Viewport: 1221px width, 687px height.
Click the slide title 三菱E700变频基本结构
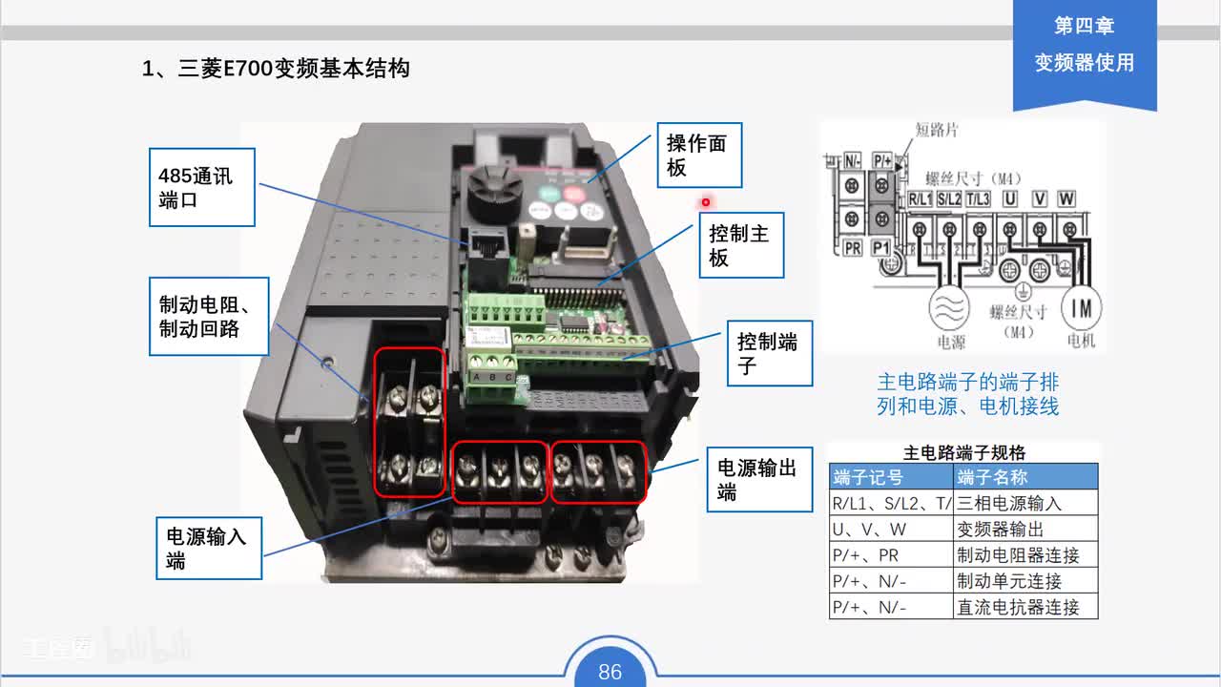pyautogui.click(x=276, y=69)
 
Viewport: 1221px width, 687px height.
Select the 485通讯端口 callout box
pyautogui.click(x=202, y=187)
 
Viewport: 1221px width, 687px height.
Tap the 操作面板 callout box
pyautogui.click(x=699, y=155)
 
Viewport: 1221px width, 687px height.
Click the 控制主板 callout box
pyautogui.click(x=741, y=245)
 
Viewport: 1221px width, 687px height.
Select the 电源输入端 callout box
pyautogui.click(x=209, y=548)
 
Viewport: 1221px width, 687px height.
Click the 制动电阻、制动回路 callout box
pyautogui.click(x=209, y=316)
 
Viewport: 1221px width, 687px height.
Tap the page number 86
pyautogui.click(x=610, y=672)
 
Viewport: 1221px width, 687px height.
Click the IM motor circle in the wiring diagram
pyautogui.click(x=1081, y=308)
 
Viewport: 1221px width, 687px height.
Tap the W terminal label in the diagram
pyautogui.click(x=1066, y=198)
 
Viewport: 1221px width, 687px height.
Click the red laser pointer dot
pyautogui.click(x=706, y=202)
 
